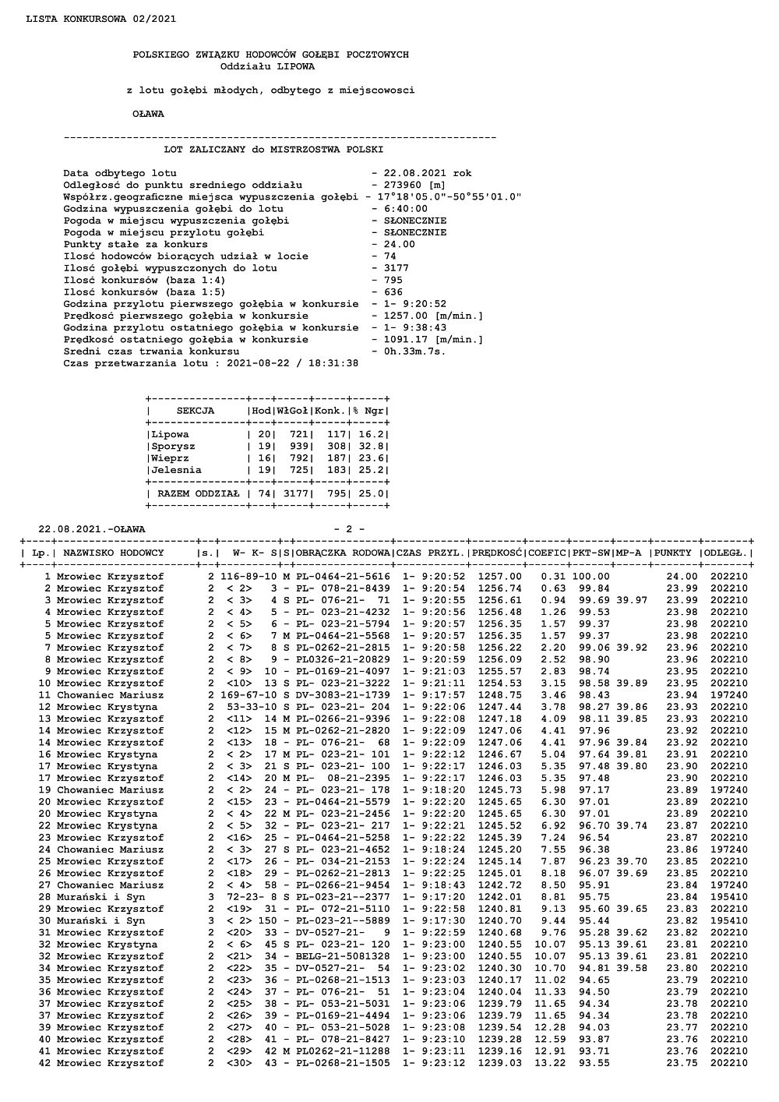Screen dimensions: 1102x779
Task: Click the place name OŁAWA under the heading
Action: point(148,114)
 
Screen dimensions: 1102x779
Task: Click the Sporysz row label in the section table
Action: point(173,447)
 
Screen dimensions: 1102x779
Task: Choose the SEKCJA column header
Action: point(196,411)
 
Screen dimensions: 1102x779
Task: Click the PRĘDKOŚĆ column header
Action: point(496,553)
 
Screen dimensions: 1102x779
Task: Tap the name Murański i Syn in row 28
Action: point(100,897)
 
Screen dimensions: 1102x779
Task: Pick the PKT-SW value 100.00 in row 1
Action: point(593,577)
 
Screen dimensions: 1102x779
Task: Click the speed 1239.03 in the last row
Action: point(499,1063)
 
